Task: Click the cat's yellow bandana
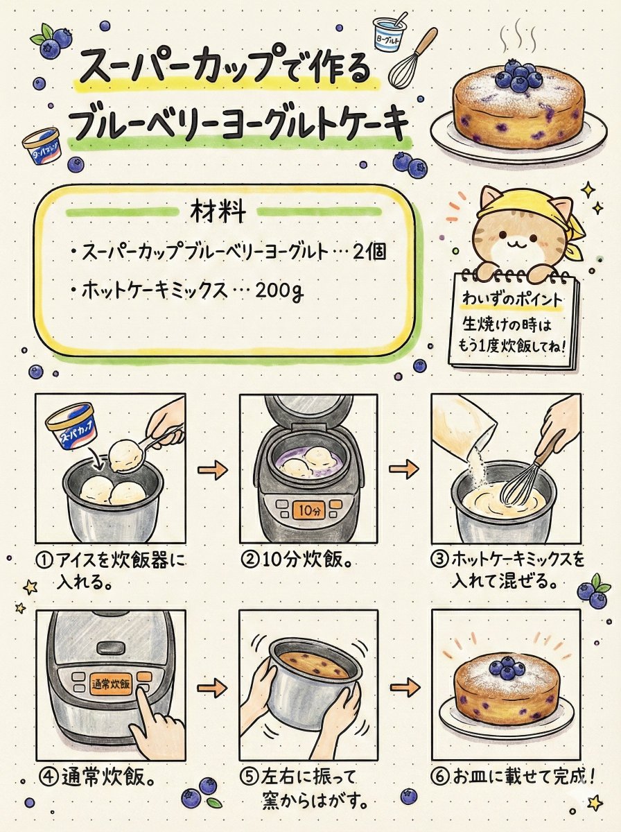pyautogui.click(x=518, y=200)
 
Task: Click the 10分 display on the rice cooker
pyautogui.click(x=308, y=511)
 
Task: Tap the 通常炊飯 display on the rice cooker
pyautogui.click(x=111, y=684)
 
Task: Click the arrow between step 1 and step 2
pyautogui.click(x=212, y=471)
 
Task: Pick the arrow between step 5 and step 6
pyautogui.click(x=404, y=688)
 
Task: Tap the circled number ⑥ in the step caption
pyautogui.click(x=439, y=776)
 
